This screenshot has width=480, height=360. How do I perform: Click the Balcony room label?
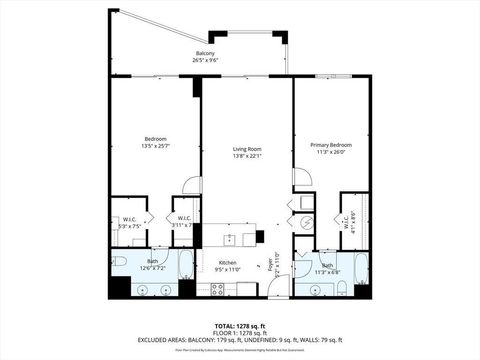pyautogui.click(x=204, y=54)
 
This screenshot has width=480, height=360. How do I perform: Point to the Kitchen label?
pyautogui.click(x=228, y=263)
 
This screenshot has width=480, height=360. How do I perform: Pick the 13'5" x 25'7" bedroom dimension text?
pyautogui.click(x=155, y=145)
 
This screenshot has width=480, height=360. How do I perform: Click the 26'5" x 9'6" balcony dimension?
pyautogui.click(x=204, y=61)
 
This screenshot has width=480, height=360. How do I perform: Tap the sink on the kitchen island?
pyautogui.click(x=229, y=239)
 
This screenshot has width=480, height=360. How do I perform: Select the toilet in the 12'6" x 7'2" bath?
pyautogui.click(x=118, y=262)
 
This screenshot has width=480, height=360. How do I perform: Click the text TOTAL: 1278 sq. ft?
pyautogui.click(x=240, y=325)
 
